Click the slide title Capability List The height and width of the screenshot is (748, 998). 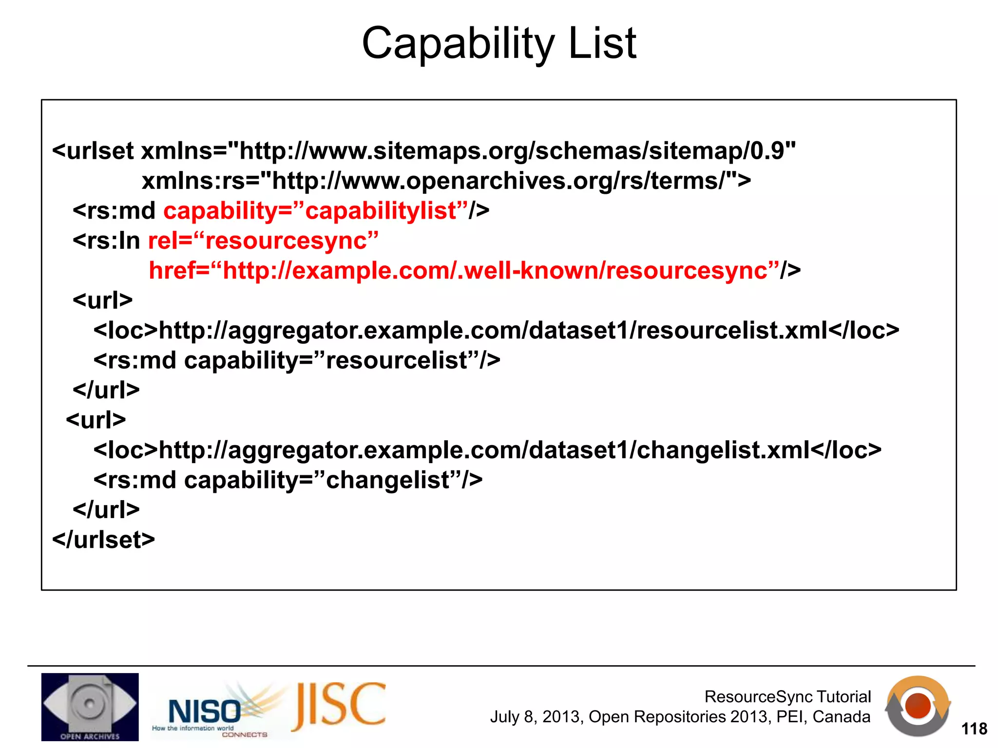coord(499,44)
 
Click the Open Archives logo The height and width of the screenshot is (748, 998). coord(90,707)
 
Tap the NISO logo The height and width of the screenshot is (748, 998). coord(205,711)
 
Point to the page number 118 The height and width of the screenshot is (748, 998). coord(974,729)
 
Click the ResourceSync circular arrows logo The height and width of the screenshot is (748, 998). coord(918,707)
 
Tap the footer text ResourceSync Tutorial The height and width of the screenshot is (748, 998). coord(787,696)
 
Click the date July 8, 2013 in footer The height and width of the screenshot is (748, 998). coord(536,717)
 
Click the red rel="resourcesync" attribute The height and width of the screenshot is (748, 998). coord(263,241)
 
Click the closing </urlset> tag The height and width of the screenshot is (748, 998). coord(104,540)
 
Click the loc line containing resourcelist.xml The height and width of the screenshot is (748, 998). coord(496,331)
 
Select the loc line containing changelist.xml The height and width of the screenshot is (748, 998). coord(487,450)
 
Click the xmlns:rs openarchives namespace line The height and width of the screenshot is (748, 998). coord(446,181)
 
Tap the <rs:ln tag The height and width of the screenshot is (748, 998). coord(106,241)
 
